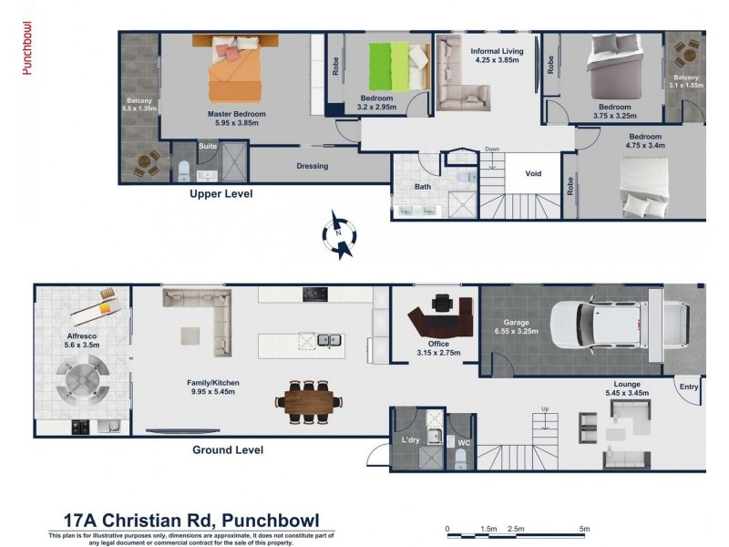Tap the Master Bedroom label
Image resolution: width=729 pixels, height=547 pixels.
pos(236,114)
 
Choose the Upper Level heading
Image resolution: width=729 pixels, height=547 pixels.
pos(221,194)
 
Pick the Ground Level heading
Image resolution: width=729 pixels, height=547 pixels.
pos(227,449)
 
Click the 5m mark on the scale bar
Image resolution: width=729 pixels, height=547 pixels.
pos(584,529)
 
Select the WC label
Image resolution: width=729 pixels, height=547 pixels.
pos(462,443)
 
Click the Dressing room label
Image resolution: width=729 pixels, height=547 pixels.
pos(312,166)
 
